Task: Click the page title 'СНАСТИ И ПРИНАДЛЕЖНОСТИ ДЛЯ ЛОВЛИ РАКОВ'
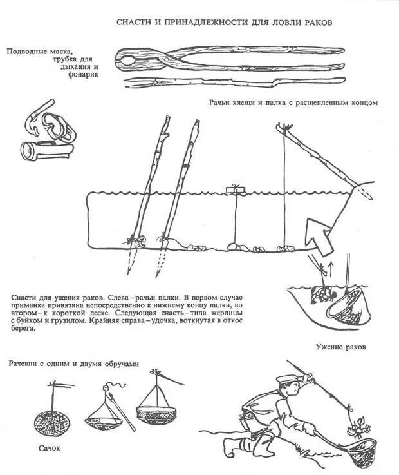tap(224, 23)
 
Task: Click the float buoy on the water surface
tap(234, 190)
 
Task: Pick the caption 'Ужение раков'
tap(340, 347)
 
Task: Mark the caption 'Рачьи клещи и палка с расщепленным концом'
tap(292, 102)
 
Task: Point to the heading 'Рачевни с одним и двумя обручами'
tap(73, 364)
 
